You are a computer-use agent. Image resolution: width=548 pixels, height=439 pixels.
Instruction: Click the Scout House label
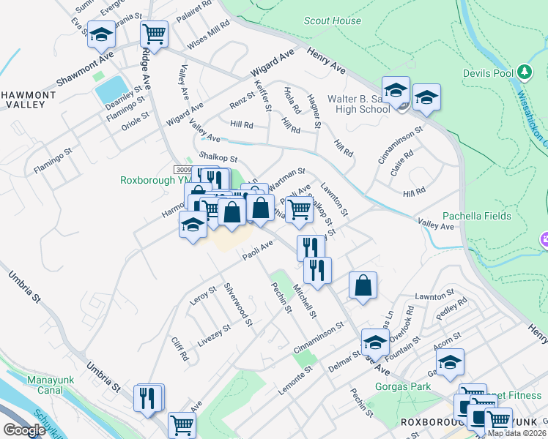(x=336, y=21)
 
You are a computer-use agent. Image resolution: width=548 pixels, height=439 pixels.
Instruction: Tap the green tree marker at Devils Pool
(x=524, y=72)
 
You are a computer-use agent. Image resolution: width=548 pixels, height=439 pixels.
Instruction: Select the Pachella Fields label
(x=480, y=217)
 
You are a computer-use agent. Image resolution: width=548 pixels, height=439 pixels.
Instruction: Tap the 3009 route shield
(x=186, y=169)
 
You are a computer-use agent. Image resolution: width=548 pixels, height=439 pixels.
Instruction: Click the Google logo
(x=23, y=430)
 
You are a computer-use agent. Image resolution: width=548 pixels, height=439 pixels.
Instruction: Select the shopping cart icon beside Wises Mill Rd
(x=154, y=33)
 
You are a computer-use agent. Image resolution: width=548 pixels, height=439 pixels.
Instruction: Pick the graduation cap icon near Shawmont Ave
(x=101, y=34)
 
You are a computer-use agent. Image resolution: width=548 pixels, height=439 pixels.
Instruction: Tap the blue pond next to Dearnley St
(x=110, y=90)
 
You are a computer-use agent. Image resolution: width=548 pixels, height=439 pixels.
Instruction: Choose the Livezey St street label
(x=214, y=334)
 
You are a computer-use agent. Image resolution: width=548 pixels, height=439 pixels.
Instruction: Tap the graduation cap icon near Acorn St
(x=450, y=361)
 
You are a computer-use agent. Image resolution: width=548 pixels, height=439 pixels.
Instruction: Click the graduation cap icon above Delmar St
(x=375, y=341)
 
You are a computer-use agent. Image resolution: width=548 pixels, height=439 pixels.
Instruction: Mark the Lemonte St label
(x=295, y=381)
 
